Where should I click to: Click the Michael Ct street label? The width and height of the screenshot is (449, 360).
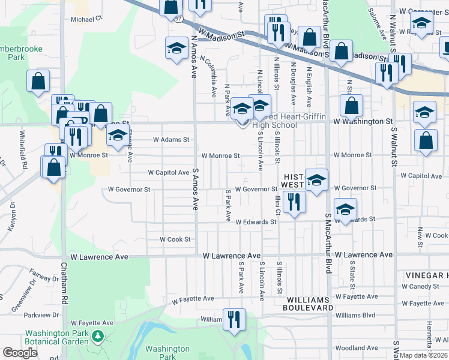coord(87,19)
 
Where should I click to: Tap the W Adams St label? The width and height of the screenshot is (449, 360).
coord(171,139)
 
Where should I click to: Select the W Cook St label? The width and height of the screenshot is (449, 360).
coord(175,239)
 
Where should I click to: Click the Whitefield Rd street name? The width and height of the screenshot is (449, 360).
coord(24,149)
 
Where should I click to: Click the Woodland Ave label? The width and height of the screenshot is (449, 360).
coord(357,348)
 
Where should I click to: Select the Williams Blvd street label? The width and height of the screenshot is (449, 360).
coord(355,315)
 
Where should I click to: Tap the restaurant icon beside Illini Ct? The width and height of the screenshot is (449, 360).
coord(294,202)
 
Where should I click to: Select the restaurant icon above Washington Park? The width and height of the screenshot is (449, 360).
coord(233,319)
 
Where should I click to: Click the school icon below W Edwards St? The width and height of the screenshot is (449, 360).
coord(345,209)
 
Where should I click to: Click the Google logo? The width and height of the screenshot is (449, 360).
coord(20,353)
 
